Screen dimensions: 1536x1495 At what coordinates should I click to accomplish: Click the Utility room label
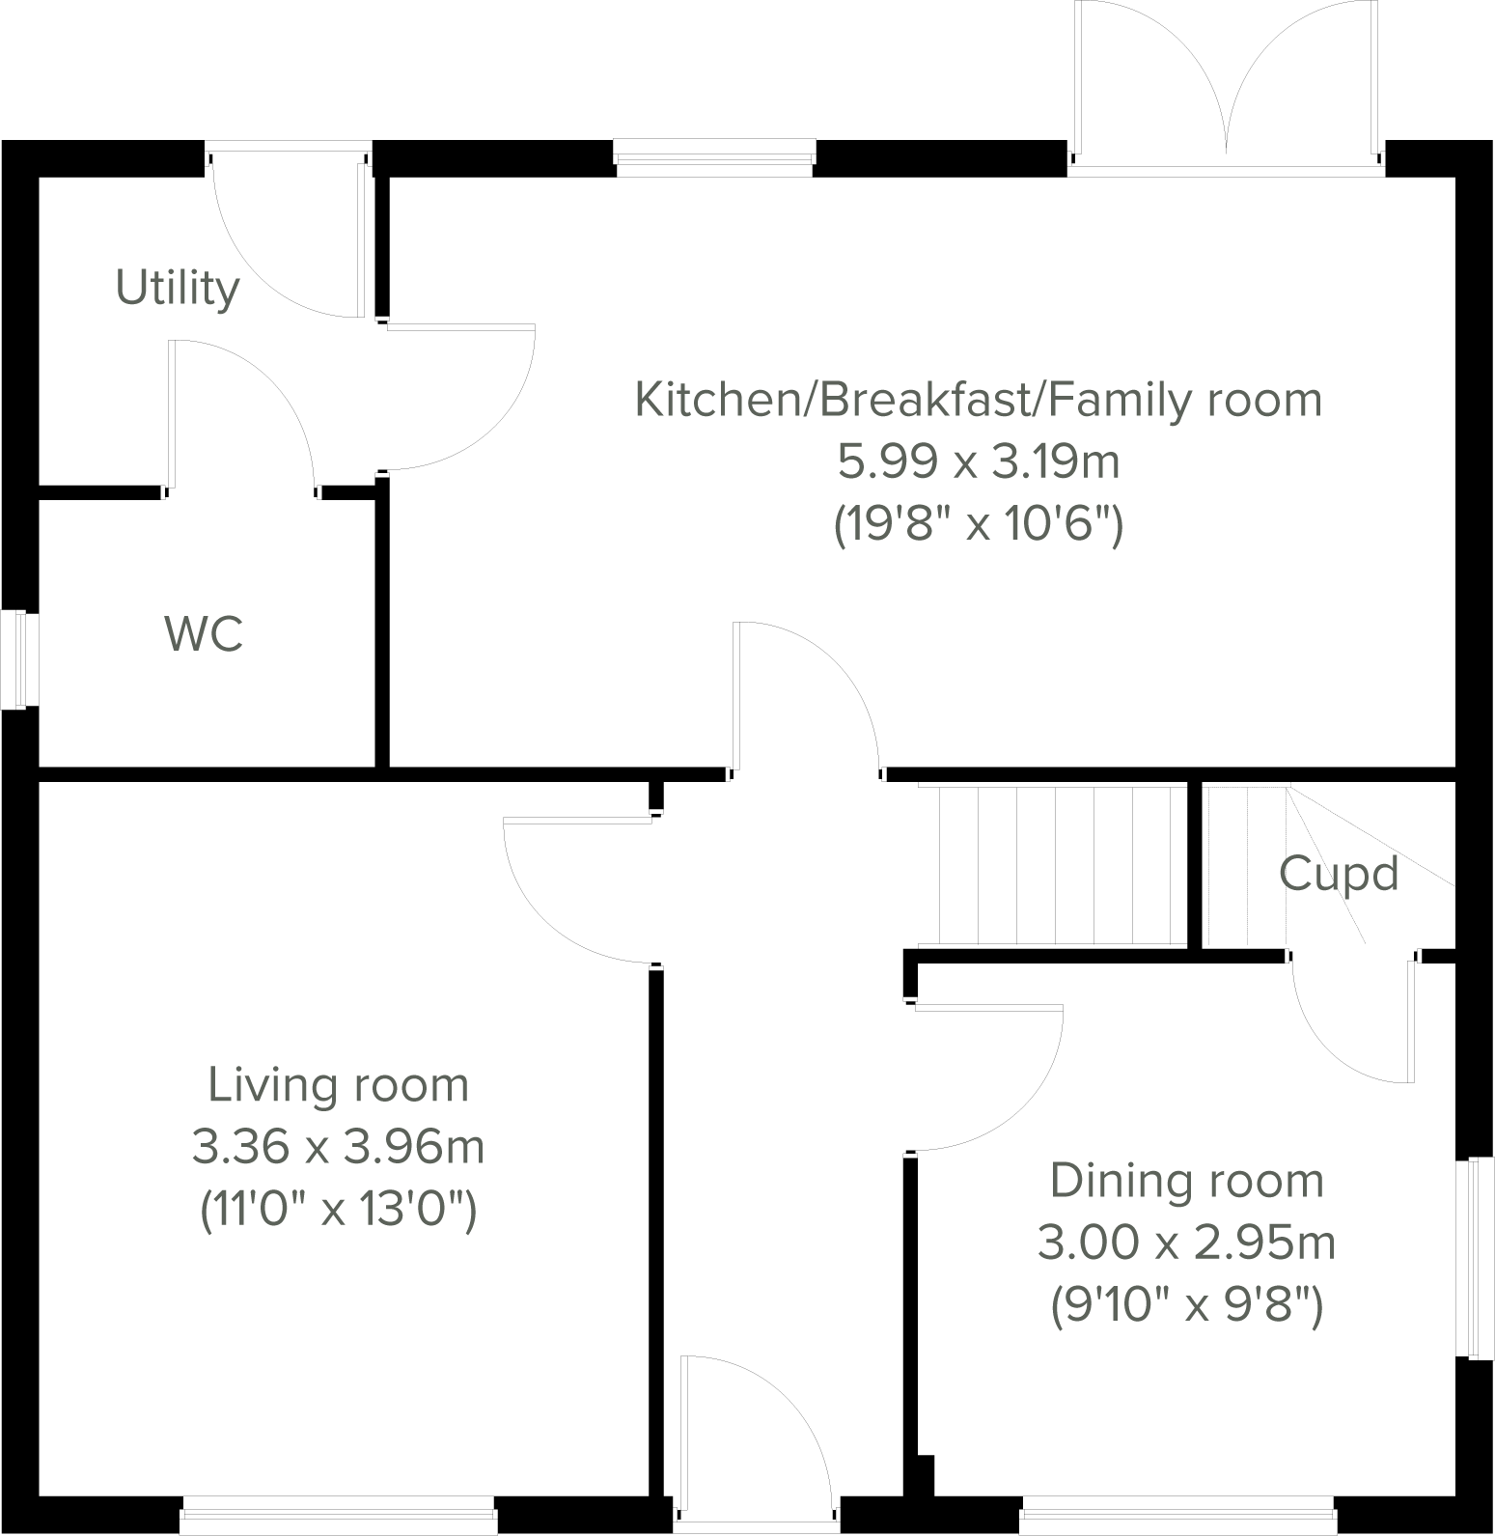coord(178,288)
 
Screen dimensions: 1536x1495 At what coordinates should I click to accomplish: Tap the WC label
coord(204,634)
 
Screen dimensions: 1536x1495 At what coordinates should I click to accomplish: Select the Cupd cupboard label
coord(1338,874)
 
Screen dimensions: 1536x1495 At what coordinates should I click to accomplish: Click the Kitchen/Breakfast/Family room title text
coord(978,400)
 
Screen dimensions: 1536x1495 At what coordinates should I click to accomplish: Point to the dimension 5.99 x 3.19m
coord(978,462)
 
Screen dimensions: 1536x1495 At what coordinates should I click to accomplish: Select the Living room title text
coord(339,1085)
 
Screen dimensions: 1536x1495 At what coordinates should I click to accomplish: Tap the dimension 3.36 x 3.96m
coord(339,1148)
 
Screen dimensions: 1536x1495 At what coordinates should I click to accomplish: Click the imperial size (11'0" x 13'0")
coord(339,1211)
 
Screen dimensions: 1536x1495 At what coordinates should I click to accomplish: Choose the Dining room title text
coord(1186,1182)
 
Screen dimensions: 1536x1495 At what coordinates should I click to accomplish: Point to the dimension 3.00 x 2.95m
coord(1186,1243)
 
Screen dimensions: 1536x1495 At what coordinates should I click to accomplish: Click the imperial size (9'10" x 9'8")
coord(1186,1307)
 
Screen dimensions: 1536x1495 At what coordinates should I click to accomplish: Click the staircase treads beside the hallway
coord(1052,865)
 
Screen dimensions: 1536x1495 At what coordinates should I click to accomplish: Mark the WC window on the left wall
coord(19,659)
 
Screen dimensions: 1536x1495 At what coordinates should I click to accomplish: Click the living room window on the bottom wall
coord(339,1516)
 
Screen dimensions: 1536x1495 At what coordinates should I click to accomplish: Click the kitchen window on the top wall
coord(714,158)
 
